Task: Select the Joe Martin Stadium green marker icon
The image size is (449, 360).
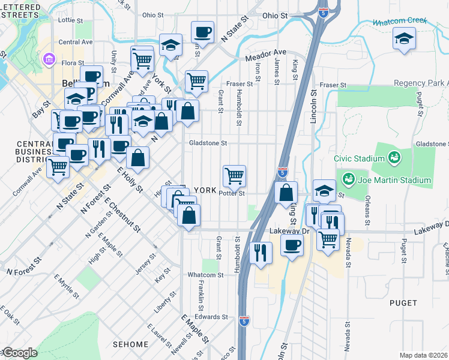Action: (x=348, y=179)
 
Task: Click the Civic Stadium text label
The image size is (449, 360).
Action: (x=359, y=158)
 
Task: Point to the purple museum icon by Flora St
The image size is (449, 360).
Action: (x=48, y=59)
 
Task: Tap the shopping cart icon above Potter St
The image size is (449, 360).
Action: (x=234, y=175)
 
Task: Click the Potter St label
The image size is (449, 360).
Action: (x=232, y=193)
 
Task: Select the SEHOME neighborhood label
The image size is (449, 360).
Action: (x=130, y=344)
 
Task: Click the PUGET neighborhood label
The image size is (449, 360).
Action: (x=403, y=303)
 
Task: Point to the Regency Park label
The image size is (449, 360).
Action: (x=421, y=83)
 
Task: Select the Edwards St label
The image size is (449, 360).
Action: (x=211, y=316)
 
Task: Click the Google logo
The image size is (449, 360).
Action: (x=19, y=353)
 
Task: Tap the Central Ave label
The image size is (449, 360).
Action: (x=76, y=42)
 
